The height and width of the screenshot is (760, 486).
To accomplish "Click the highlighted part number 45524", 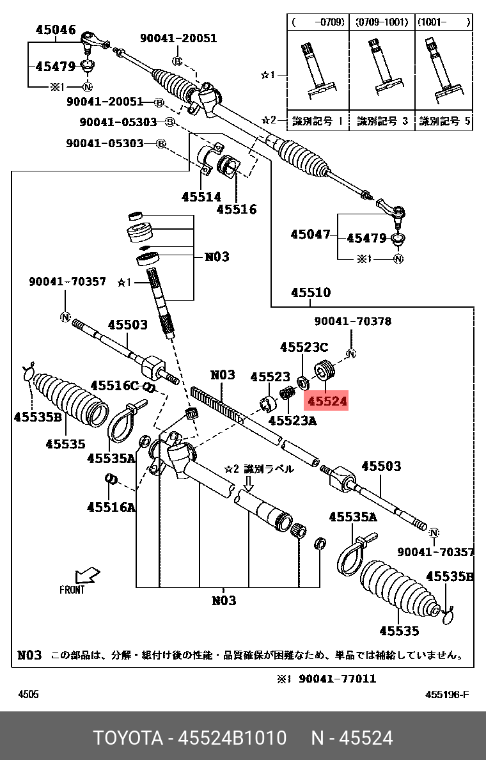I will point(327,401).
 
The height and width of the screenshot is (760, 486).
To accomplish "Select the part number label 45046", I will point(56,29).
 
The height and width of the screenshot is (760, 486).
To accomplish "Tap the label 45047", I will point(311,235).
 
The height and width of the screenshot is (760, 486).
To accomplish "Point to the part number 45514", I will point(201,197).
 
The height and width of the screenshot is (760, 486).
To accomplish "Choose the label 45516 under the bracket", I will point(236,209).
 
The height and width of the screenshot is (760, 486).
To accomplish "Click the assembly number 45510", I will point(311,292).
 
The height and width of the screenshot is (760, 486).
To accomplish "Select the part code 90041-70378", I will point(352,321).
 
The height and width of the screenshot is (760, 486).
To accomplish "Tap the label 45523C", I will point(304,347).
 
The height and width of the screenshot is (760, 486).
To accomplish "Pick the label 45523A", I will point(292,420).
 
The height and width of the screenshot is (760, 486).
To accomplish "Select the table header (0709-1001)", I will point(382,22).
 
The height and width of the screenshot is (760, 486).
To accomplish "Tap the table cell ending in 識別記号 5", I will point(444,120).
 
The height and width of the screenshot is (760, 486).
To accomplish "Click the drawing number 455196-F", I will point(447,694).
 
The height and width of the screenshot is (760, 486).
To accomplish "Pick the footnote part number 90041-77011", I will point(336,678).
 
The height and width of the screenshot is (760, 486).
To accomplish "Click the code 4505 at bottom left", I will point(28,694).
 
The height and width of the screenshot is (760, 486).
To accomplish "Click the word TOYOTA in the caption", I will point(128,738).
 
